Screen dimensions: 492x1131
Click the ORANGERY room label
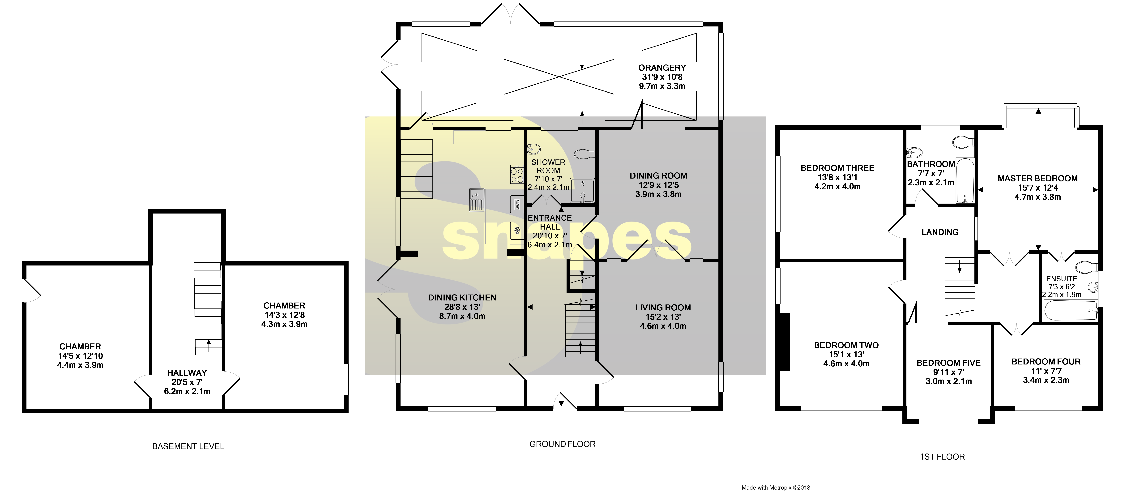[662, 68]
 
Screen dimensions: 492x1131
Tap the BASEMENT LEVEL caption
[188, 446]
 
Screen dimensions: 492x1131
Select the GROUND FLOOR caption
[562, 444]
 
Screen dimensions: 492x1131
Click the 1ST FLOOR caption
[942, 457]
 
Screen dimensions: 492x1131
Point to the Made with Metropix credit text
[775, 487]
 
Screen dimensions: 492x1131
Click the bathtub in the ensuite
[1070, 311]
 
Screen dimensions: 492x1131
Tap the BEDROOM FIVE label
[948, 363]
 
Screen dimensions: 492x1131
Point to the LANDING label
[940, 232]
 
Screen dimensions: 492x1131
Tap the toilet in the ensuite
[1086, 267]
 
